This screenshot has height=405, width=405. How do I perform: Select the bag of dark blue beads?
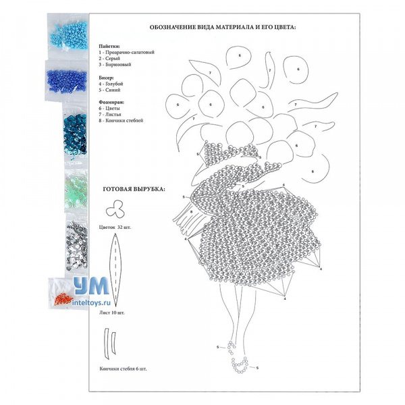[67, 81]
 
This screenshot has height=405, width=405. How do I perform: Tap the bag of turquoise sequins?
[75, 134]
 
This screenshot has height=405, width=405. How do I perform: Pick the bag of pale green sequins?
[76, 189]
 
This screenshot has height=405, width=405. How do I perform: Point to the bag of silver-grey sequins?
[77, 246]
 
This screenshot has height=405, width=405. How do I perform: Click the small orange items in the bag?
[63, 300]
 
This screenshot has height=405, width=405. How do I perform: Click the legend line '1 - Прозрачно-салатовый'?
[127, 52]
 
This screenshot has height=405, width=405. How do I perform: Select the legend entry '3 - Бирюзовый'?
[115, 65]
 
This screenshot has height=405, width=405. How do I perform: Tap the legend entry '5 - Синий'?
[109, 90]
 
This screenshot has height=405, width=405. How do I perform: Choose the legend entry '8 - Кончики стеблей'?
[121, 121]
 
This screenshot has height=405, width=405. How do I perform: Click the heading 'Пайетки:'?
[109, 47]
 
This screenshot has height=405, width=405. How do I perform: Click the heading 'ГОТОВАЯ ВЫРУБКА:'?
[134, 189]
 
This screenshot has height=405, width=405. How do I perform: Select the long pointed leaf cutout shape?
[115, 269]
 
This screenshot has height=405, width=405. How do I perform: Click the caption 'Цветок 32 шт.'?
[115, 227]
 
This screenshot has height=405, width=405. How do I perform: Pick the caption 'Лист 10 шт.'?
[112, 313]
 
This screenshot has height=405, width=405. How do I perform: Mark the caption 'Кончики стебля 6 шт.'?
[124, 369]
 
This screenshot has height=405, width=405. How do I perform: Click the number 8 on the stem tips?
[192, 212]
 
